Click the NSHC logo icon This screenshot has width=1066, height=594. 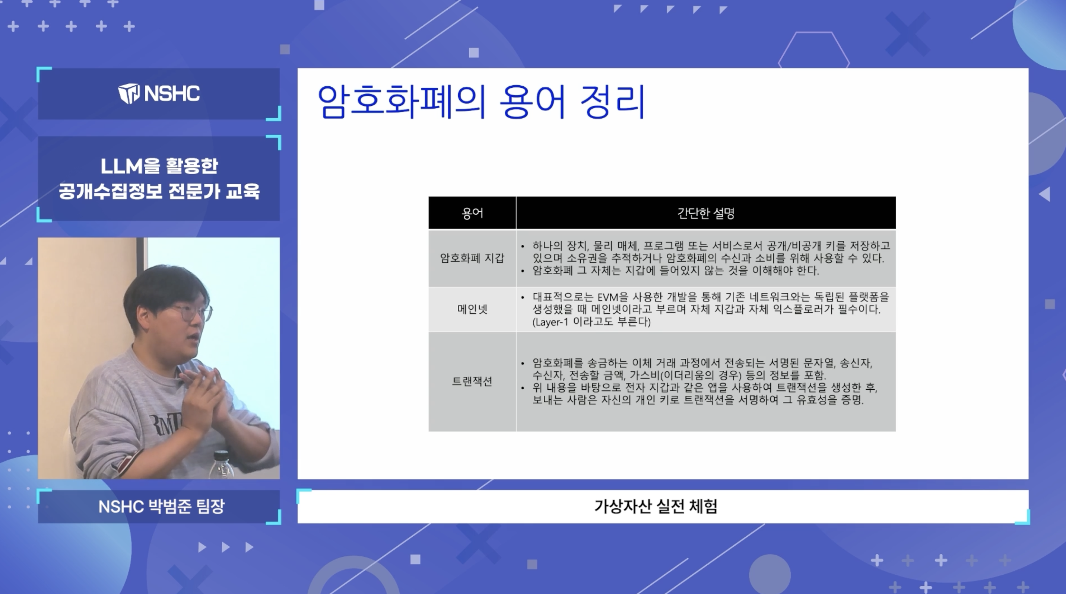(x=129, y=93)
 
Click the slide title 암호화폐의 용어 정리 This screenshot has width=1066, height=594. (x=481, y=102)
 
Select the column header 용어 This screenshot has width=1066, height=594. (x=472, y=213)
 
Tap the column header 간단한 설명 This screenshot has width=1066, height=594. (x=705, y=213)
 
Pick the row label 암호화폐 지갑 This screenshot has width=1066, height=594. (x=472, y=258)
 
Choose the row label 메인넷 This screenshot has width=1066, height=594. (x=472, y=309)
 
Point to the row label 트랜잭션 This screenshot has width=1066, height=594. (x=472, y=381)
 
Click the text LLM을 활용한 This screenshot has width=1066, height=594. (x=159, y=166)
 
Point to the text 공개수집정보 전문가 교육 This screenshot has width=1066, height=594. (x=159, y=191)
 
